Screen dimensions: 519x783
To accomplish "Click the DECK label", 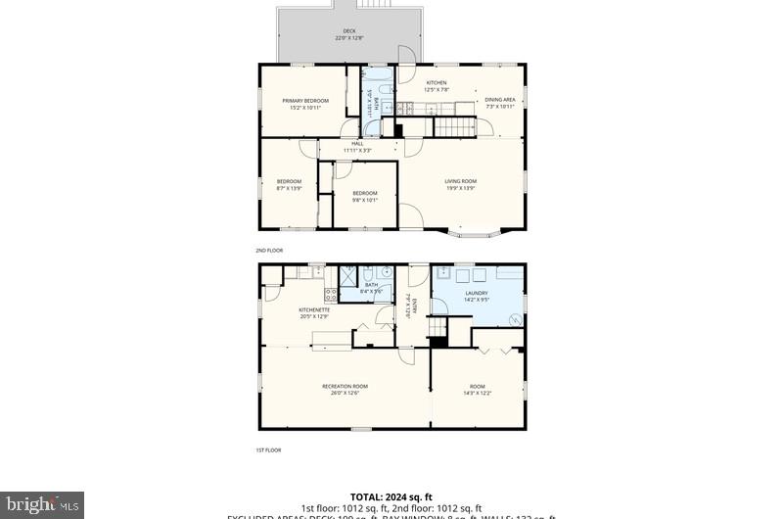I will [348, 30].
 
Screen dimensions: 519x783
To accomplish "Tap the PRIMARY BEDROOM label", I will [305, 101].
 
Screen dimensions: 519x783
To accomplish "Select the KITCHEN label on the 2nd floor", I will [436, 82].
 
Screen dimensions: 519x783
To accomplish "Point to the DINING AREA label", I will [500, 100].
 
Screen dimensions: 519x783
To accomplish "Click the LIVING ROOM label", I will [460, 181].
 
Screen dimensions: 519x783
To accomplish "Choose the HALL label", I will [357, 144].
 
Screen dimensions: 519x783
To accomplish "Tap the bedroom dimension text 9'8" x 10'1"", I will [364, 200].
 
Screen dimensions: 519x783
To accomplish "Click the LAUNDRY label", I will [477, 293].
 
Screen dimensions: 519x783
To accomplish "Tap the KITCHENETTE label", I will [314, 309].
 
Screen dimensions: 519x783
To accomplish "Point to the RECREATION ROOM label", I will [345, 386].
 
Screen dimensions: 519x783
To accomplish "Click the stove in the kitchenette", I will [331, 292].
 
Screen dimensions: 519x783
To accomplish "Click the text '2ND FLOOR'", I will [269, 251].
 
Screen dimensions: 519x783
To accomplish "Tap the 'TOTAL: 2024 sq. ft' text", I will [391, 496].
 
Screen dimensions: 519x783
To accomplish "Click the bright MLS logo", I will [41, 504].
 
